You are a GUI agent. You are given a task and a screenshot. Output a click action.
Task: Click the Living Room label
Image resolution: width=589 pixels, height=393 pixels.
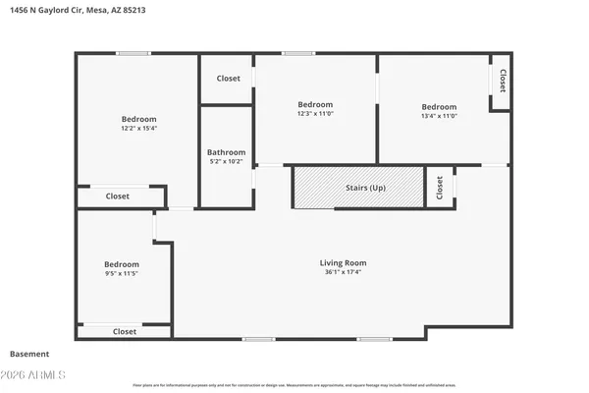click(x=343, y=262)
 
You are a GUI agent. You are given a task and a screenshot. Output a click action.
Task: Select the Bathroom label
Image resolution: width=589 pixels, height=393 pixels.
click(x=226, y=152)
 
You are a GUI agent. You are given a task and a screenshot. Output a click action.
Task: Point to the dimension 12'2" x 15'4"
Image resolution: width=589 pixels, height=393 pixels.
click(x=139, y=128)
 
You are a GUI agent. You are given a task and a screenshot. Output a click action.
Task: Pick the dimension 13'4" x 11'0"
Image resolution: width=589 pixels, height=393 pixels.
click(x=439, y=117)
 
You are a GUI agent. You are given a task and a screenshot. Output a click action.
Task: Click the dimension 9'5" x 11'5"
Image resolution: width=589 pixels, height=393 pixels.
click(x=122, y=275)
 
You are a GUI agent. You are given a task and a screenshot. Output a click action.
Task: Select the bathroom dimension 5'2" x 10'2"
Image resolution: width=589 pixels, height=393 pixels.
click(x=226, y=162)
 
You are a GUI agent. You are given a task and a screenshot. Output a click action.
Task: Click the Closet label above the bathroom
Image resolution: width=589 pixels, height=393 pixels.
click(x=228, y=78)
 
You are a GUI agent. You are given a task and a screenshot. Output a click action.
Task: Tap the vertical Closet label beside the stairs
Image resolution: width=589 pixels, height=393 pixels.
click(x=439, y=187)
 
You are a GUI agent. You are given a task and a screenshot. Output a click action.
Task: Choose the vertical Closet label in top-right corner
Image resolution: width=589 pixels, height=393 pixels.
click(x=503, y=80)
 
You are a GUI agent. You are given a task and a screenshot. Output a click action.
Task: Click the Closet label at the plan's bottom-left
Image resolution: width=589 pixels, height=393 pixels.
click(x=125, y=332)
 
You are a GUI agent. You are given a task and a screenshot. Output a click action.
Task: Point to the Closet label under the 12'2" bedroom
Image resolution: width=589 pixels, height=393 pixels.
click(x=117, y=196)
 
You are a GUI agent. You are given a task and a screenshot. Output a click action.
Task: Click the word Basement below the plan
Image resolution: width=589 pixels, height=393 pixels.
click(x=28, y=354)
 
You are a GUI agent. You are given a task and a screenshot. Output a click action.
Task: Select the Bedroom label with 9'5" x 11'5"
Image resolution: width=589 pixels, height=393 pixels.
click(x=122, y=264)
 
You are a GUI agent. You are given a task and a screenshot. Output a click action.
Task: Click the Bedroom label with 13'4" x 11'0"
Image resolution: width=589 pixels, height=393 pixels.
click(x=439, y=106)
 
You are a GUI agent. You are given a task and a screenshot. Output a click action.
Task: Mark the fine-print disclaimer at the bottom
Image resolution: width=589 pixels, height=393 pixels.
click(x=294, y=385)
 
